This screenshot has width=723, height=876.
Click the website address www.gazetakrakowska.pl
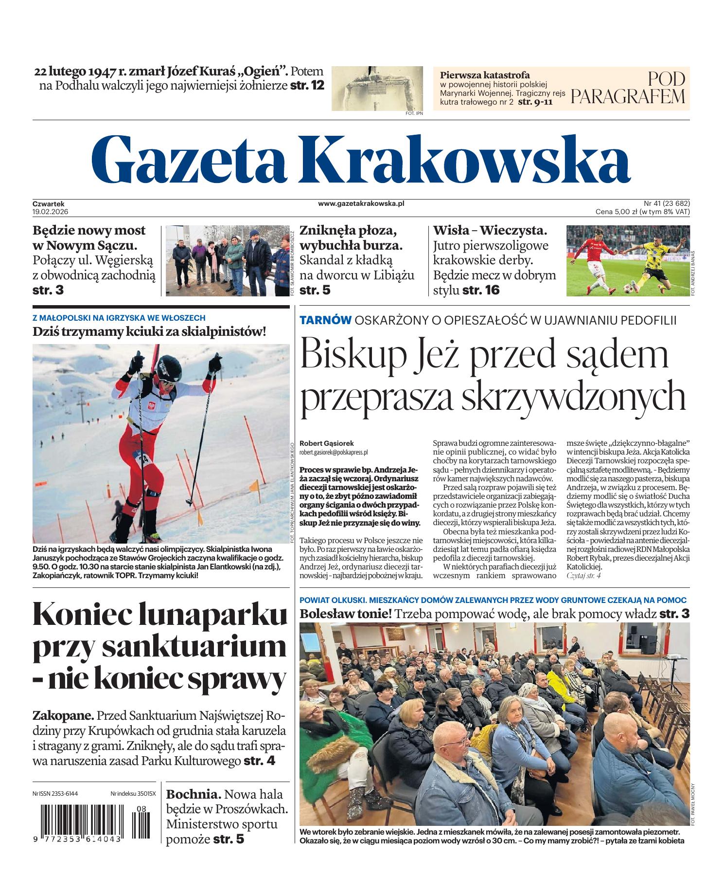click(x=361, y=204)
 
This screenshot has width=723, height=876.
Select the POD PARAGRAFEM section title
click(x=628, y=88)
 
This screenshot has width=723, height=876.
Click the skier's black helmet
click(x=171, y=364)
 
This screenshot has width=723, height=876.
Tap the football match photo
click(x=628, y=260)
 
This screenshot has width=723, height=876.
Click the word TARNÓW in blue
click(x=326, y=320)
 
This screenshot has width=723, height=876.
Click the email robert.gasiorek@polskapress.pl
click(x=334, y=452)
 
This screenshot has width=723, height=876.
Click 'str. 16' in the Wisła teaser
click(x=481, y=290)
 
